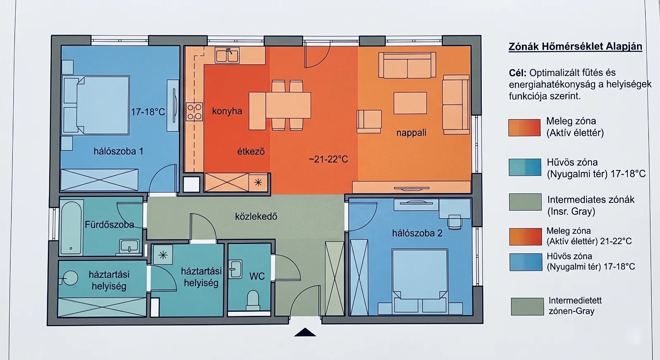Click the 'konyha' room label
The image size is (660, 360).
[x=227, y=111]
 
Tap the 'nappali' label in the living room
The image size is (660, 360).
[x=411, y=133]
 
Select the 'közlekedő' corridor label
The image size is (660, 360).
[x=256, y=216]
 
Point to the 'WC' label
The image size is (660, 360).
[x=257, y=276]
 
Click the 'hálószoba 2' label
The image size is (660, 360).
[x=417, y=233]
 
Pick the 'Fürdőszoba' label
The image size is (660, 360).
[x=109, y=225]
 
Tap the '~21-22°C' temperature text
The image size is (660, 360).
[x=328, y=159]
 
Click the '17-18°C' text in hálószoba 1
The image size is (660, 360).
[x=148, y=112]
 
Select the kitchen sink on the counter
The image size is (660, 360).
[x=227, y=55]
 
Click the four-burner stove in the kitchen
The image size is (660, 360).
[x=194, y=112]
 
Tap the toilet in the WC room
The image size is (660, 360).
[x=253, y=300]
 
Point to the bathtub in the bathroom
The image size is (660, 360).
[x=71, y=228]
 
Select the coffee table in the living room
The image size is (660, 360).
[x=410, y=103]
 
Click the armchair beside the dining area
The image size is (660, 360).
[x=369, y=122]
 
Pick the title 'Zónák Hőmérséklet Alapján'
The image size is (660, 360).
[x=575, y=47]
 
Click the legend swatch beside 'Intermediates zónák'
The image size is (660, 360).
[x=525, y=202]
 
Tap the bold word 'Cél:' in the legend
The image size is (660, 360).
[x=518, y=73]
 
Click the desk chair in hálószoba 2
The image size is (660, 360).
[x=454, y=222]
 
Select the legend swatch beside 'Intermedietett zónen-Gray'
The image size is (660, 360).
[x=527, y=307]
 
